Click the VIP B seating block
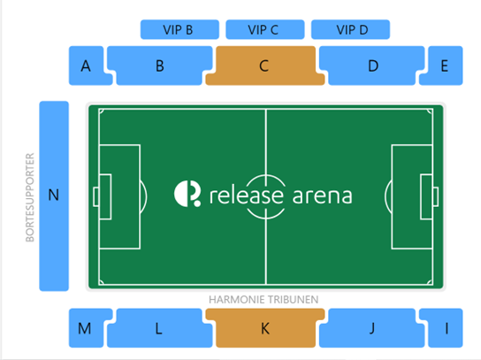click(179, 29)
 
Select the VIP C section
click(265, 29)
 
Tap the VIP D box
click(350, 29)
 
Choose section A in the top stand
click(87, 65)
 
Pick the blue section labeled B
click(159, 65)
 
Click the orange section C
click(265, 65)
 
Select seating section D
click(371, 65)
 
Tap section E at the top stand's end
click(444, 65)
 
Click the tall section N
click(54, 195)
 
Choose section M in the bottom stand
click(87, 328)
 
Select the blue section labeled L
click(159, 328)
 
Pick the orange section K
click(265, 328)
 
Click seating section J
click(371, 328)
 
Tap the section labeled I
click(444, 328)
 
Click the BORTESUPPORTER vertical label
click(30, 197)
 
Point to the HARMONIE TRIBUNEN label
click(263, 300)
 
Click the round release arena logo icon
click(187, 194)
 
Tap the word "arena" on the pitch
click(322, 196)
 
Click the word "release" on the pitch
click(247, 195)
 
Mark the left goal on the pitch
click(96, 196)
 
